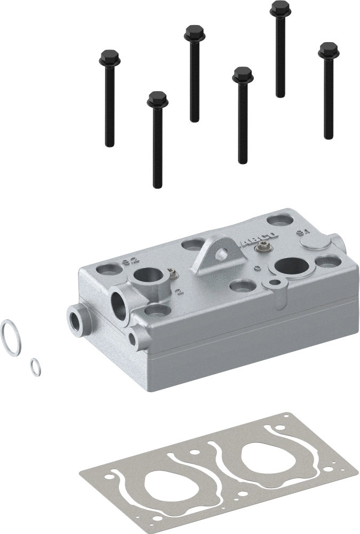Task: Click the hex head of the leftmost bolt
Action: [109, 56]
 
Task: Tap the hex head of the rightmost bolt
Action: [328, 51]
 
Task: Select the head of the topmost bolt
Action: [280, 9]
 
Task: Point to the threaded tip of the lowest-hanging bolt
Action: [157, 184]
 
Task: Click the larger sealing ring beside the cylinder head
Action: [12, 337]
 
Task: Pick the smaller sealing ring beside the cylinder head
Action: [36, 367]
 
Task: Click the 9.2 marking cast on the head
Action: [129, 261]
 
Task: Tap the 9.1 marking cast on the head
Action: [303, 233]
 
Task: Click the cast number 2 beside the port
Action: [179, 292]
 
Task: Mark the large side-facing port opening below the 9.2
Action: [119, 306]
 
